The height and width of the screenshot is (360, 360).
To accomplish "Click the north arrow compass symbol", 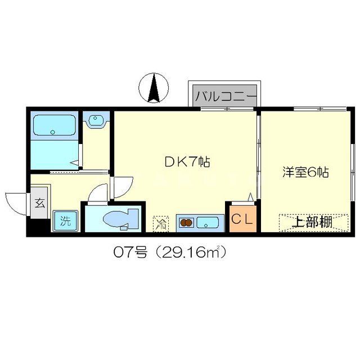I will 154,88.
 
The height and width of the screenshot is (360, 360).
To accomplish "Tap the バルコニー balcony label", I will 223,95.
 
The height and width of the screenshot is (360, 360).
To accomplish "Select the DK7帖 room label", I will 187,163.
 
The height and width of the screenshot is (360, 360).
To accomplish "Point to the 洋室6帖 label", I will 305,172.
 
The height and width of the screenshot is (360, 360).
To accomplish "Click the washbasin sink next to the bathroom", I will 96,120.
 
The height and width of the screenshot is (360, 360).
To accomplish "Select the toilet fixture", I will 119,218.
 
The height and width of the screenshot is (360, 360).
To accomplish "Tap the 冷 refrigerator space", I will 161,223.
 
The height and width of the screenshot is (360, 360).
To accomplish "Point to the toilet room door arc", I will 98,193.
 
